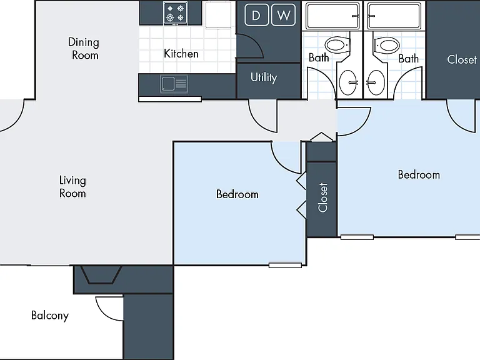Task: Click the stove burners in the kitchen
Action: click(x=175, y=13)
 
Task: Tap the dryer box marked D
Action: click(x=256, y=15)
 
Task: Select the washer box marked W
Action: click(x=284, y=15)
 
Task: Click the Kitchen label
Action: click(x=181, y=54)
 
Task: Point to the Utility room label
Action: click(x=264, y=77)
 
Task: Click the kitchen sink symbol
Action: click(x=174, y=84)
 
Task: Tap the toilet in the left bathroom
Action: click(x=337, y=45)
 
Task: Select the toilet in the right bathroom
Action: click(x=386, y=46)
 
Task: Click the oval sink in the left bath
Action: click(x=348, y=82)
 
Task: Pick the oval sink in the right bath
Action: click(x=376, y=82)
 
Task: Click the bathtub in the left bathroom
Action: click(x=332, y=16)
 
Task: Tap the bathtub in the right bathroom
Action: click(x=394, y=16)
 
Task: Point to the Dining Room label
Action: click(x=84, y=49)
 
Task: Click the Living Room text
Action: click(x=72, y=187)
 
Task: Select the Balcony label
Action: click(x=50, y=316)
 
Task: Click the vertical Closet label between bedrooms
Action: click(x=322, y=197)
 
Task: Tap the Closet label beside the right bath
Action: click(x=462, y=59)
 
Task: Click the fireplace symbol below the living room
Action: click(x=101, y=274)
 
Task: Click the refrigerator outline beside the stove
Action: click(x=218, y=15)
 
